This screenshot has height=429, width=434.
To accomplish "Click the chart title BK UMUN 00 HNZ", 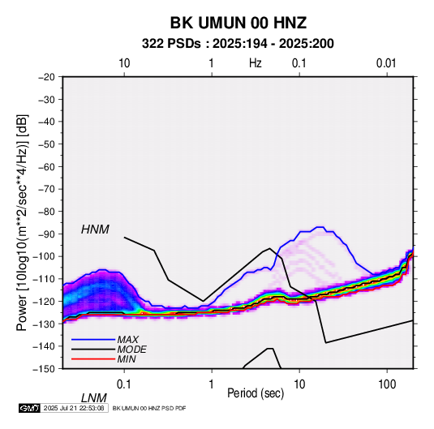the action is [238, 23].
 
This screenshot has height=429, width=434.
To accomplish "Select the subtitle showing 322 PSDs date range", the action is [238, 44].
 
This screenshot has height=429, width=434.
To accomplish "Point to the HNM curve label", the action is [95, 230].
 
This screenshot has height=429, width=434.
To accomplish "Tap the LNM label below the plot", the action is [94, 398].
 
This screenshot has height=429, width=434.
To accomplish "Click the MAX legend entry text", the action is [127, 339].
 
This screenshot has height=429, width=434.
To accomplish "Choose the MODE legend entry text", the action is [131, 350].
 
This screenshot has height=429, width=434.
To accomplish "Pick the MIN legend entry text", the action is [127, 359].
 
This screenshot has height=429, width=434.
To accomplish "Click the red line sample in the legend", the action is [93, 359].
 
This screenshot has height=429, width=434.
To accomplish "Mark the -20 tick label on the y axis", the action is [46, 77].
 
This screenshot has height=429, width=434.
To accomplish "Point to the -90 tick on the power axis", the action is [46, 234].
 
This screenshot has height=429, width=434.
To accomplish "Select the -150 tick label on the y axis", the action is [44, 369].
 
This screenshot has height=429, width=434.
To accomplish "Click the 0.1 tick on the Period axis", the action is [124, 384].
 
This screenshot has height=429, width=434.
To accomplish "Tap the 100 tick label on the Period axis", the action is [387, 384].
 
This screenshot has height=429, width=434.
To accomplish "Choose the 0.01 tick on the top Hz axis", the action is [386, 63].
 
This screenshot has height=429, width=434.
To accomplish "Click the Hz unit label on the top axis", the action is [256, 63].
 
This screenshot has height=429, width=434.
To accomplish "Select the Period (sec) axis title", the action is [256, 393].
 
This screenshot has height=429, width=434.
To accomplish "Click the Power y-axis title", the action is [22, 223].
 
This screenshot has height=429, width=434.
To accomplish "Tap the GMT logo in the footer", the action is [29, 408].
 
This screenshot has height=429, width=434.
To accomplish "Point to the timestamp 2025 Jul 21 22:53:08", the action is [74, 408].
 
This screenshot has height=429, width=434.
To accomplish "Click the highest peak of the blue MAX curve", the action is [320, 227].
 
